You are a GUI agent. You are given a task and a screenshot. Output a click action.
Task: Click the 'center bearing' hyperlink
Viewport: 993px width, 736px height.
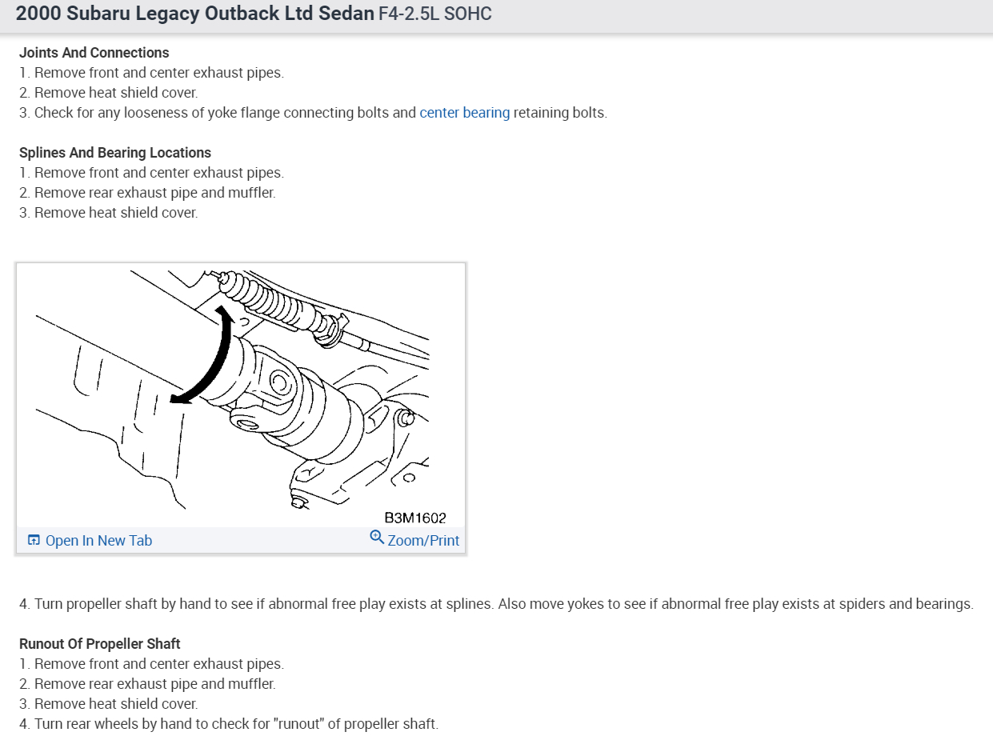(464, 113)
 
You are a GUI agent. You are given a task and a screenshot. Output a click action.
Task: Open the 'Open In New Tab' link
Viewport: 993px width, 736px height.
(98, 541)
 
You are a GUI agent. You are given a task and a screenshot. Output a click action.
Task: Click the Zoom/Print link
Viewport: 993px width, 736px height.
(423, 541)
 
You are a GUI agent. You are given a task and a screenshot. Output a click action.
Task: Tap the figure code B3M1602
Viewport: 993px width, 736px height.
(415, 518)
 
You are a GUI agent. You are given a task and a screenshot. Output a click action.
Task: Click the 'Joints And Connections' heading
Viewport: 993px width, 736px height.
(94, 53)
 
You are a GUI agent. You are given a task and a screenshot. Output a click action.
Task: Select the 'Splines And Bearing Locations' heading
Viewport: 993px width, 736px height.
(114, 153)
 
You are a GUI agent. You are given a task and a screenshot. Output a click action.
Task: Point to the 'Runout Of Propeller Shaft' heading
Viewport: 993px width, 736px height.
(99, 644)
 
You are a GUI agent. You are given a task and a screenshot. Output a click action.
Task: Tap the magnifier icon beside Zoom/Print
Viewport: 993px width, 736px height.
(377, 537)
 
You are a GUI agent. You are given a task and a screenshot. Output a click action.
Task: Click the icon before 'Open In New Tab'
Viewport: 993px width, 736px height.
(34, 541)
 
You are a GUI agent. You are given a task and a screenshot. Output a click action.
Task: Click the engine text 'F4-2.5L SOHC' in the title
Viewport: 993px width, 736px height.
(435, 14)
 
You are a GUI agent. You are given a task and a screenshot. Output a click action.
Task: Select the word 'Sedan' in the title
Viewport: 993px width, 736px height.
(350, 14)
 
